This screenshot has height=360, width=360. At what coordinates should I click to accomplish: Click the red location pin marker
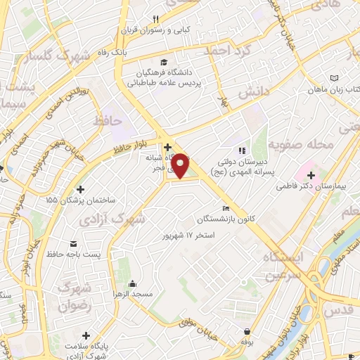tap(181, 165)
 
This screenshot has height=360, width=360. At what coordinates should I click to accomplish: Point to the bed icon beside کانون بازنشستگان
tap(225, 209)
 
